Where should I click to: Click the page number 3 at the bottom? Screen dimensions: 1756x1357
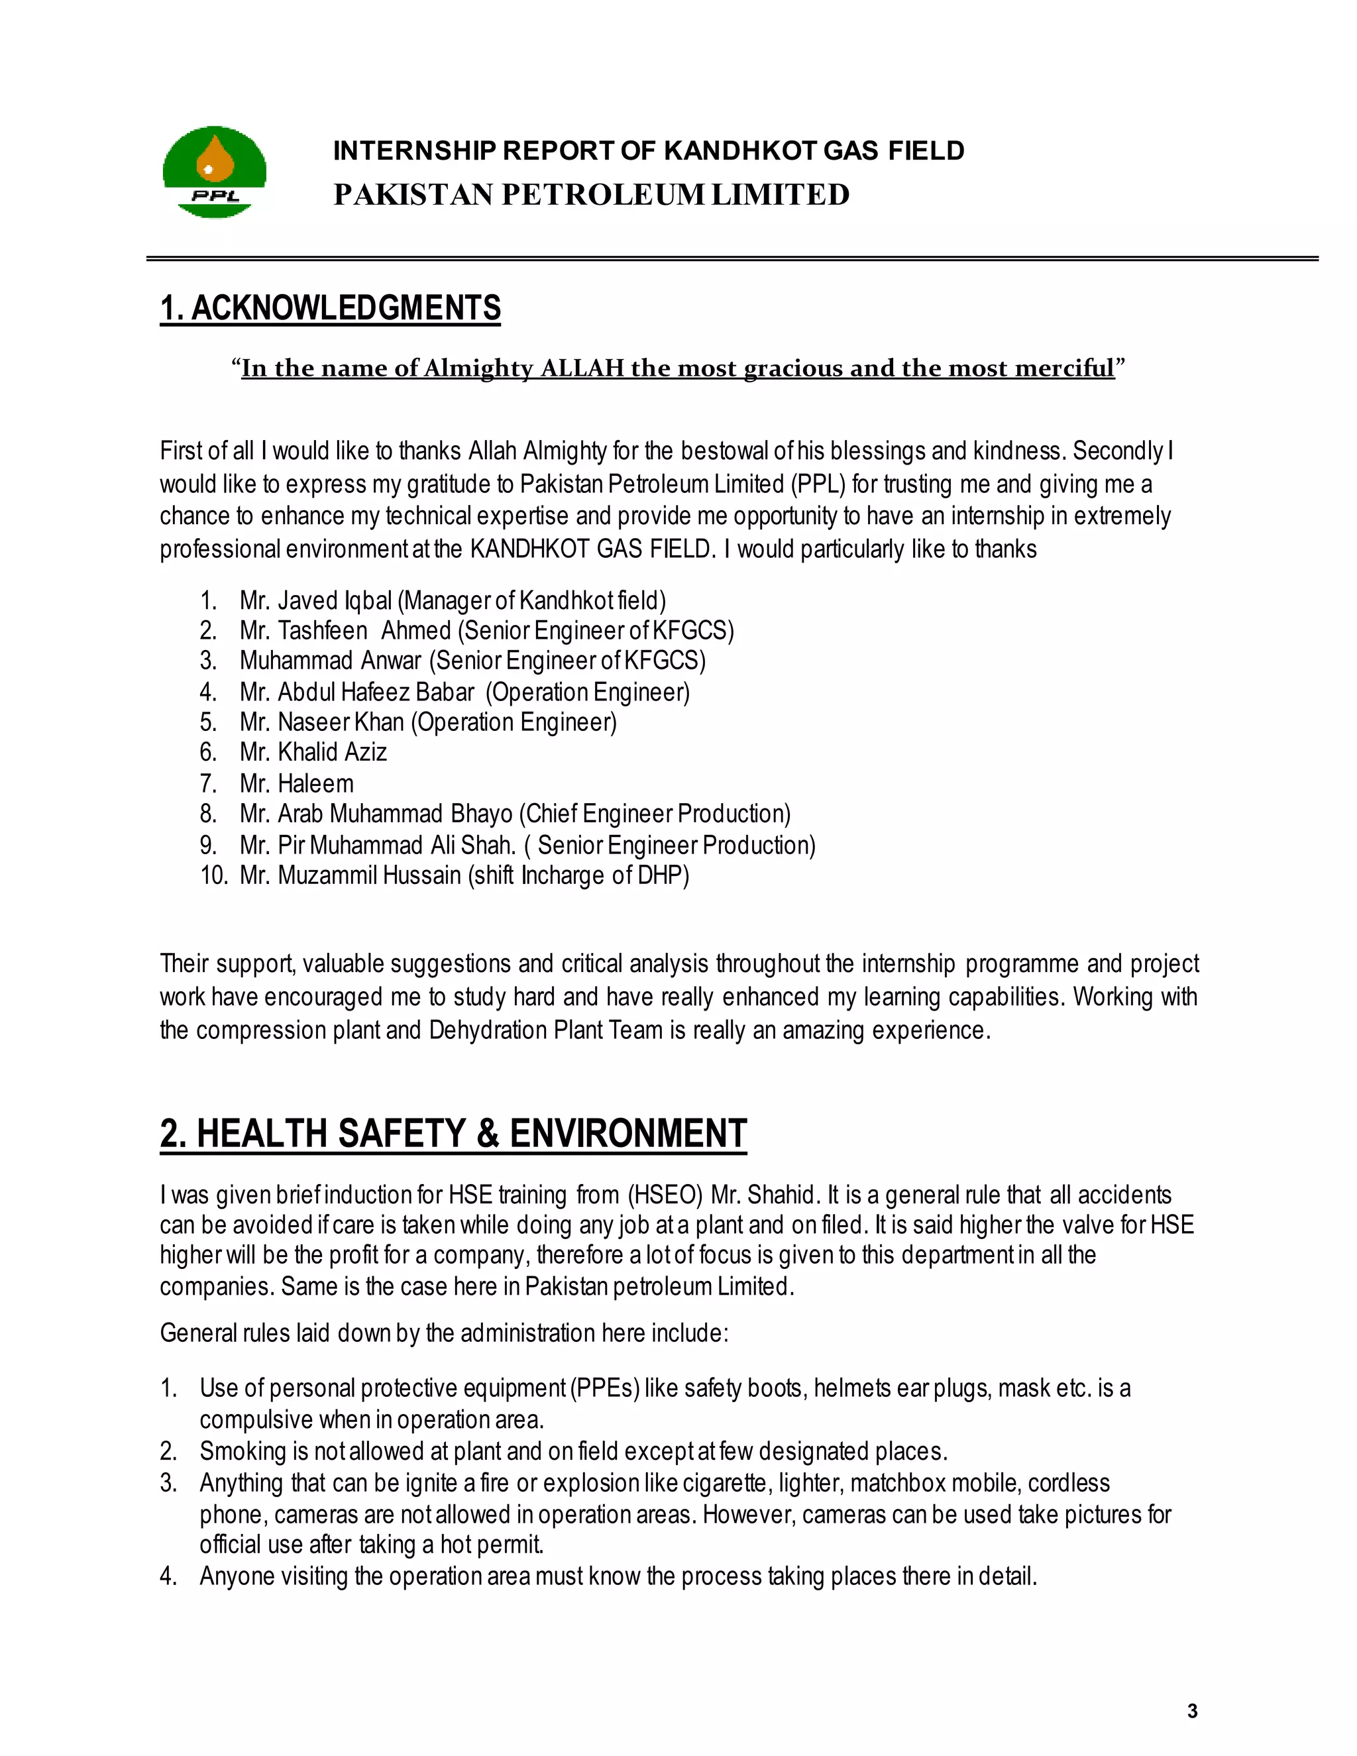click(1192, 1711)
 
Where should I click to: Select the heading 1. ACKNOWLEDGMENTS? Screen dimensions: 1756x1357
click(331, 308)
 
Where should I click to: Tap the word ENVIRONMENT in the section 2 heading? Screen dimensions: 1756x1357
click(628, 1134)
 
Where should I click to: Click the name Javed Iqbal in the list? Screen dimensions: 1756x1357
click(335, 600)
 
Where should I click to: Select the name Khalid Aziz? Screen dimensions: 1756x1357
click(332, 752)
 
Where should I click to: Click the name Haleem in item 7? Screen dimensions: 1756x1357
click(315, 783)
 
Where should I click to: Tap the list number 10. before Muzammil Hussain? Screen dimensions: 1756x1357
click(214, 875)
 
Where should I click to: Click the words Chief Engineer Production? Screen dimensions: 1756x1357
click(655, 814)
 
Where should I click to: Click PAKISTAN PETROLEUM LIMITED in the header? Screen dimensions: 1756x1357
click(591, 195)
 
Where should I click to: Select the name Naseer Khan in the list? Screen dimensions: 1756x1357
click(341, 722)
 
